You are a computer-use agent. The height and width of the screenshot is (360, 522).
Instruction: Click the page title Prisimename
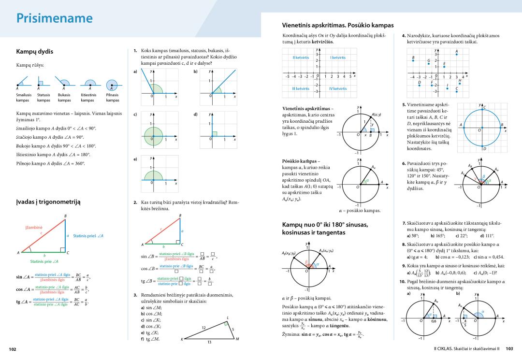pyautogui.click(x=54, y=18)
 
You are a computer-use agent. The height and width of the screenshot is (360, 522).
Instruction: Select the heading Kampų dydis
pyautogui.click(x=34, y=51)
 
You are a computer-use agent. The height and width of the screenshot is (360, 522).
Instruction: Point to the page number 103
pyautogui.click(x=509, y=348)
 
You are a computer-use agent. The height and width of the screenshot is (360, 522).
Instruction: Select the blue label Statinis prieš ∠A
pyautogui.click(x=88, y=235)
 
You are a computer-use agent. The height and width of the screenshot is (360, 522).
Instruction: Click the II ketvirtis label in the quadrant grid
pyautogui.click(x=301, y=58)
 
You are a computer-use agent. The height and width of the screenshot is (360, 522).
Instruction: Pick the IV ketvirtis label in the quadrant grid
pyautogui.click(x=338, y=88)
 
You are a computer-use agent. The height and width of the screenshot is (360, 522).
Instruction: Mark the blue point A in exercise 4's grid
pyautogui.click(x=456, y=54)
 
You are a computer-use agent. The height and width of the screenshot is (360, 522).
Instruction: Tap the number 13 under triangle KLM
pyautogui.click(x=209, y=342)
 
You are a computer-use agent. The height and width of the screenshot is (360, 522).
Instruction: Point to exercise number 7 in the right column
pyautogui.click(x=404, y=223)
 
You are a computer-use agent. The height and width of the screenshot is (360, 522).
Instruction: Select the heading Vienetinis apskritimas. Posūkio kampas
pyautogui.click(x=337, y=25)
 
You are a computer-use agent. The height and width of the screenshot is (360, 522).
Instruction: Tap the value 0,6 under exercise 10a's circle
pyautogui.click(x=434, y=321)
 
